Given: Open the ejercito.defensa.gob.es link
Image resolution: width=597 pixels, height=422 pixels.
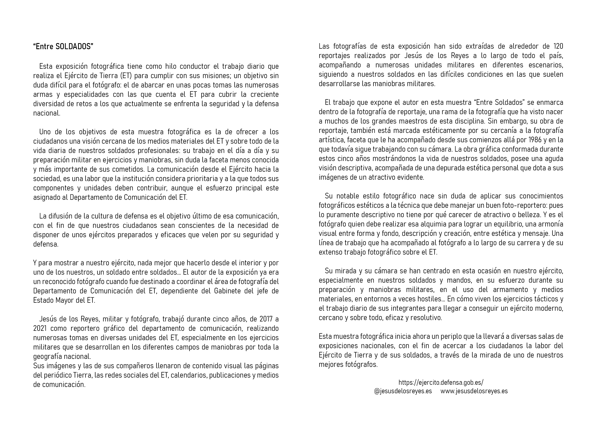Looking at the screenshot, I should point(441,383).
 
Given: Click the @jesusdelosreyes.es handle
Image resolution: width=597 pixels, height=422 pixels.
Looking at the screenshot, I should point(403,391).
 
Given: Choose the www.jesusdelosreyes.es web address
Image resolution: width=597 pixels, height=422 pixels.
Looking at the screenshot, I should point(474,391).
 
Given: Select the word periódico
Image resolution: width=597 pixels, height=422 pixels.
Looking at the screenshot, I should point(59,375).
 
